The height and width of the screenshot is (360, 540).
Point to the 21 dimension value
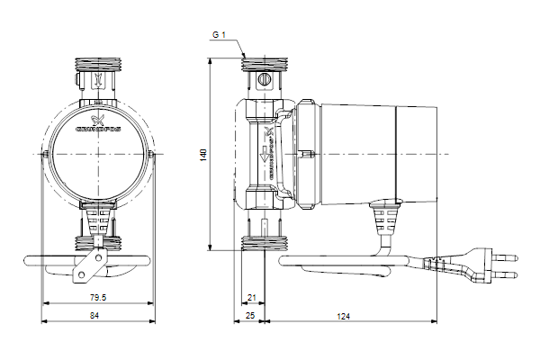[252, 297]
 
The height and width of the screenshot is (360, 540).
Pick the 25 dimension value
[251, 316]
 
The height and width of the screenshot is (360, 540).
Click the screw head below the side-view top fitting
[264, 82]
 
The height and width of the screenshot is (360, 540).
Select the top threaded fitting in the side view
[264, 65]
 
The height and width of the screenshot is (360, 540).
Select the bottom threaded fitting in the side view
[264, 240]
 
